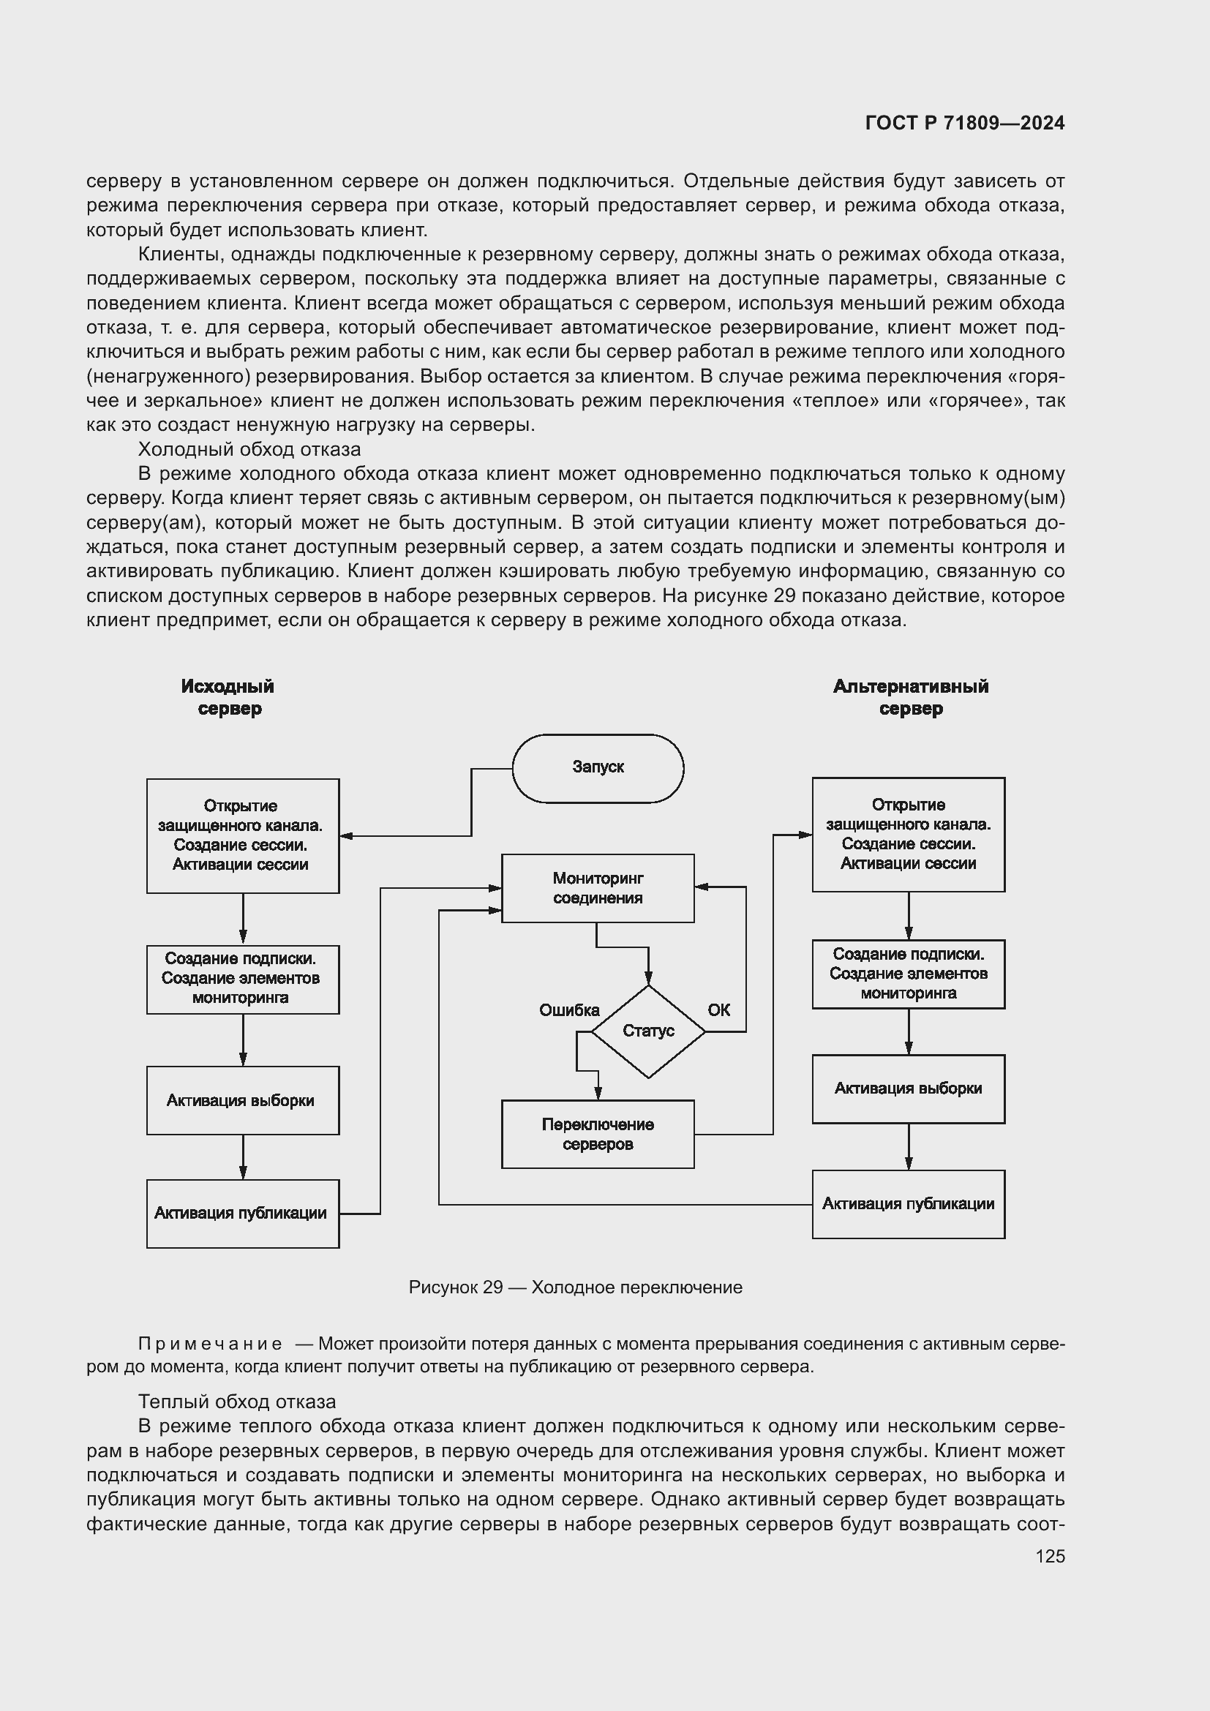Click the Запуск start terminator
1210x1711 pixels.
pos(598,767)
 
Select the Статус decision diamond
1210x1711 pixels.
pos(648,1031)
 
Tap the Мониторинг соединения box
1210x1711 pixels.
pos(598,887)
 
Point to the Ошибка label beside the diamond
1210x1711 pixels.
pos(569,1009)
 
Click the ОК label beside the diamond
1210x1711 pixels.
pos(719,1009)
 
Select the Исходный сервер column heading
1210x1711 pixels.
pos(229,697)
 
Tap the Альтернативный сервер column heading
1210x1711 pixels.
pos(911,697)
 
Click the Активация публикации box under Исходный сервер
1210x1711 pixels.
pos(242,1213)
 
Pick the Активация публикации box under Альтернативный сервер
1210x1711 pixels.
pos(909,1204)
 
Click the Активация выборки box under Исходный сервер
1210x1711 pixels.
pos(242,1100)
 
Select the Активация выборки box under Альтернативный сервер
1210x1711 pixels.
pos(909,1088)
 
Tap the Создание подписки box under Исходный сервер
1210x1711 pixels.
pos(242,979)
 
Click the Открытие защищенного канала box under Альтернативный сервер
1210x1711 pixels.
pos(909,834)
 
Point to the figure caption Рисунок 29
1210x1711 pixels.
pos(575,1287)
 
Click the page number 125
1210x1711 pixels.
pos(1050,1556)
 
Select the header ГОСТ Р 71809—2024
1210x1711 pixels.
pos(965,123)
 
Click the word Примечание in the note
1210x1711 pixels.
pos(210,1344)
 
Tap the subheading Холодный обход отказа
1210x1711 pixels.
pos(249,449)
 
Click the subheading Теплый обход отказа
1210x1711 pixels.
pos(237,1402)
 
